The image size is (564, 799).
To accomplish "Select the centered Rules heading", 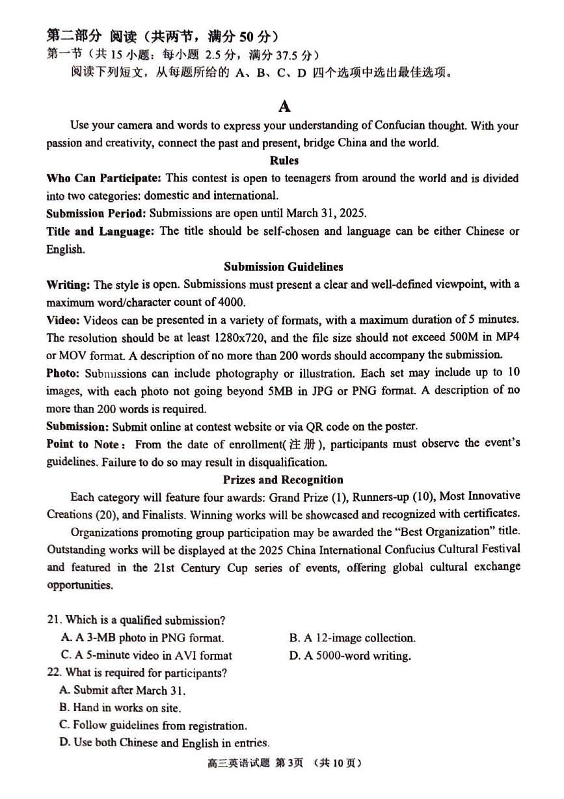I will (x=284, y=160).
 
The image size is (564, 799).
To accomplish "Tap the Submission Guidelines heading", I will (x=283, y=267).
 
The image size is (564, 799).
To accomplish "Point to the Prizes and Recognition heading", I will (x=283, y=480).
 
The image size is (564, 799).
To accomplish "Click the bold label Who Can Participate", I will (x=103, y=178).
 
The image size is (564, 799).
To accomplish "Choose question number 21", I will (x=55, y=621).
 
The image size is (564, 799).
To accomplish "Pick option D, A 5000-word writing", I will (x=350, y=656).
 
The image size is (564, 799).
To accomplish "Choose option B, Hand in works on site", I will (x=120, y=707).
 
